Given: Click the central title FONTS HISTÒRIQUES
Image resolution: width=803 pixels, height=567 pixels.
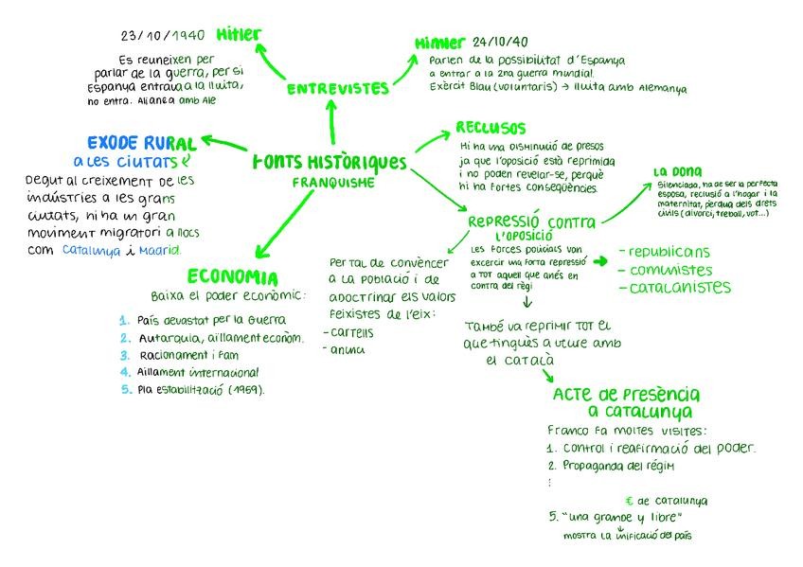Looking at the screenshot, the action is click(330, 163).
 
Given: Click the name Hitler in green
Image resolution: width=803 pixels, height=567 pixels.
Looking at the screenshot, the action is click(238, 35).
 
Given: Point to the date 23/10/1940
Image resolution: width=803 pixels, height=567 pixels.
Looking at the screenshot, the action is click(162, 36).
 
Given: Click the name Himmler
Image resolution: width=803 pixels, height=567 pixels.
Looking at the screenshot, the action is click(439, 44).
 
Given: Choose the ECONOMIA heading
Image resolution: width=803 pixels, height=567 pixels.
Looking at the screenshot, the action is click(232, 277).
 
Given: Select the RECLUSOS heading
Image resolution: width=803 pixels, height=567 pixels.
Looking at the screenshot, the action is click(491, 128).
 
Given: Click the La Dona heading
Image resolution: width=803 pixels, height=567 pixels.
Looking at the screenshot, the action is click(677, 171).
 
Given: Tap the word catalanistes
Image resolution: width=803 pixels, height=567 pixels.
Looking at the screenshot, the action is click(680, 287).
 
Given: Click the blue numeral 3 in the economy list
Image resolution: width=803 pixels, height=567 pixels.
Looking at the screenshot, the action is click(124, 355).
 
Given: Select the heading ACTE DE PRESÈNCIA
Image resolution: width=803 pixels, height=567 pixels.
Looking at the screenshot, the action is click(626, 394).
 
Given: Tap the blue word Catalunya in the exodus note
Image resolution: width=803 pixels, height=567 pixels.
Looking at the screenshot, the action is click(92, 251).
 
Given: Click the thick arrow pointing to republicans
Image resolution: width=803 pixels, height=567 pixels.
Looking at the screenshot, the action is click(600, 258).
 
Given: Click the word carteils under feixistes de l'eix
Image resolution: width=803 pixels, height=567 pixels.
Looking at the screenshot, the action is click(351, 332).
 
